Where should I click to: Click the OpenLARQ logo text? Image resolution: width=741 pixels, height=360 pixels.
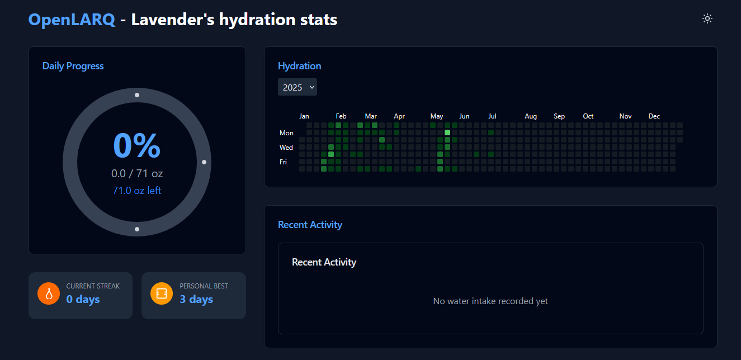point(72,20)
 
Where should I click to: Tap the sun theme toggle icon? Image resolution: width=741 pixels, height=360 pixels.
point(707,18)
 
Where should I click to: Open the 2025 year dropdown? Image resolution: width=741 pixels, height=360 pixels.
point(297,87)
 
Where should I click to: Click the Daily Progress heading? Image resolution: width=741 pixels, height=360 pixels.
point(73,66)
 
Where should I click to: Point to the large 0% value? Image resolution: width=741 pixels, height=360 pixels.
point(137,146)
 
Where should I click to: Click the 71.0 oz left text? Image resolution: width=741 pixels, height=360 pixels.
point(137,191)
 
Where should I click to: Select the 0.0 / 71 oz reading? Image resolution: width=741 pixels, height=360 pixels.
point(137,174)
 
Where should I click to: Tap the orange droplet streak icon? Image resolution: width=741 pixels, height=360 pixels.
point(49,293)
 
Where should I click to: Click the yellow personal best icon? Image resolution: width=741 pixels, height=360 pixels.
point(162,293)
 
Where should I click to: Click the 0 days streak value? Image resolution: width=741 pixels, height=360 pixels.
point(83,300)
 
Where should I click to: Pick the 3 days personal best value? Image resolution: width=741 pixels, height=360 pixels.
point(196,300)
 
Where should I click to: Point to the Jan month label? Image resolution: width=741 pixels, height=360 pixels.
point(304,116)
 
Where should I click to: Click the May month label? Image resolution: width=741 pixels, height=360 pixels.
point(437,116)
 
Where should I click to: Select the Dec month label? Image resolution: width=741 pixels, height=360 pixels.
point(654,116)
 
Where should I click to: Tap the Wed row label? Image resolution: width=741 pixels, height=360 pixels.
point(286,148)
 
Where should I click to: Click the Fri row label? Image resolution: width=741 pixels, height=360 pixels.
point(283,162)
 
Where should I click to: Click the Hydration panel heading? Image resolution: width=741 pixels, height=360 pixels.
point(300,66)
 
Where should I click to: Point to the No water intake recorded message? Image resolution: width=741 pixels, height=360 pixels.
point(490,301)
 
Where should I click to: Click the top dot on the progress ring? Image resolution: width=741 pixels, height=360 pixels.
point(137,95)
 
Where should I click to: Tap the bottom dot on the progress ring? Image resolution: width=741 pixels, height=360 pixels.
point(137,229)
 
